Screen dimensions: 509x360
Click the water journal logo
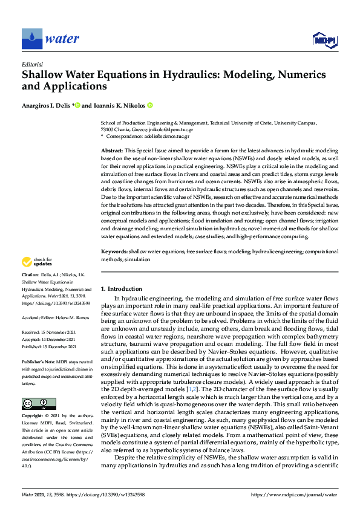click(x=51, y=39)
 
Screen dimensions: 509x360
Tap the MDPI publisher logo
click(x=324, y=41)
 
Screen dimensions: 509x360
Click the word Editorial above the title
click(x=32, y=64)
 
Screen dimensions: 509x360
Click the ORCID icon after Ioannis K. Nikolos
click(x=150, y=105)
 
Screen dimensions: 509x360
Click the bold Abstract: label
click(x=112, y=149)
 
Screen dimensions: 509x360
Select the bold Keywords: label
click(x=114, y=267)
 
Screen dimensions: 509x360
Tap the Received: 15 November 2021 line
click(x=49, y=332)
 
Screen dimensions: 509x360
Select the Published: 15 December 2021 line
click(x=49, y=347)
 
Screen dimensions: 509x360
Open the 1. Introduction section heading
click(x=122, y=289)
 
